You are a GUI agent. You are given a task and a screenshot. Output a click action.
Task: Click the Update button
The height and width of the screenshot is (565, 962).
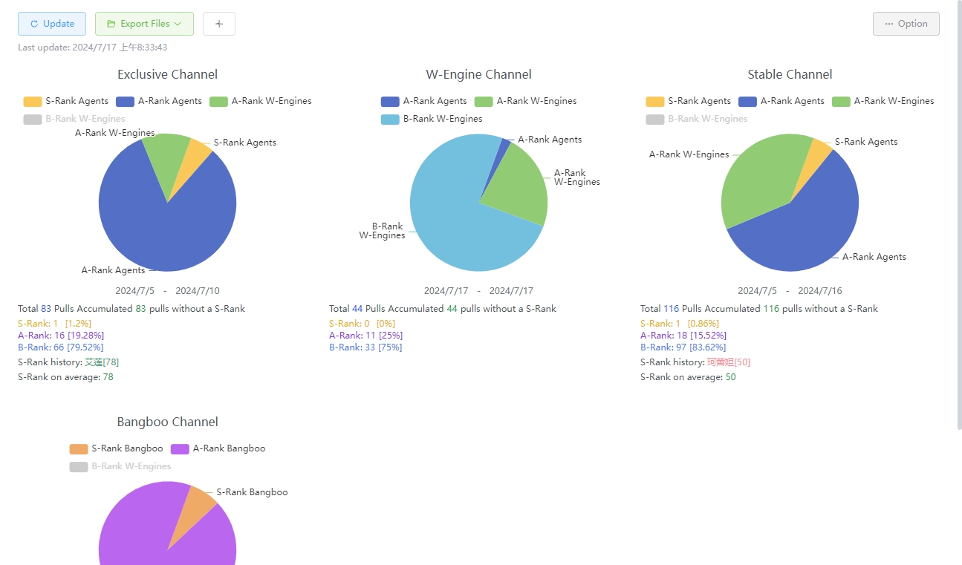52,24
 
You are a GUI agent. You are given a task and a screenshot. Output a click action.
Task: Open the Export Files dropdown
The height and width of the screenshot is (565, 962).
144,24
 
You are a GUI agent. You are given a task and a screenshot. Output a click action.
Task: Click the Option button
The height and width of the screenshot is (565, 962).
906,24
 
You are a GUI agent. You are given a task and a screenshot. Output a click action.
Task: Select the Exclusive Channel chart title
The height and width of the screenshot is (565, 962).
167,74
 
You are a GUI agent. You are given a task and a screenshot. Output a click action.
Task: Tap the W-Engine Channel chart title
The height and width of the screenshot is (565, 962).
478,74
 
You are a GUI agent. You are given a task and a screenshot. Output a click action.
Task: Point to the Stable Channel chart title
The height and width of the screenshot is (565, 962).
790,74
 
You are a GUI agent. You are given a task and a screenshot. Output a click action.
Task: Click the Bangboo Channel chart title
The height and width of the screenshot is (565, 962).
167,422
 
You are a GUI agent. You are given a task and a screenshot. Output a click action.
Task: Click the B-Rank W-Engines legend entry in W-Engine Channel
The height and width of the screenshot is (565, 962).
432,119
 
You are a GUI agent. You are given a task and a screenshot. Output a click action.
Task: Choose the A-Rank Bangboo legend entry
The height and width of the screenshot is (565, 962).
218,448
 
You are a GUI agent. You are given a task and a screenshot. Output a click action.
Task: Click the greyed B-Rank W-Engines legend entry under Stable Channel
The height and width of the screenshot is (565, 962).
696,119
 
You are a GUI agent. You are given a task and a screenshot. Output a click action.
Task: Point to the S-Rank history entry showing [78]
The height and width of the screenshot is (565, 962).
102,362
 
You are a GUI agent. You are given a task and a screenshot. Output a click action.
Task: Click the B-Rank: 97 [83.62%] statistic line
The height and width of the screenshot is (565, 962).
683,347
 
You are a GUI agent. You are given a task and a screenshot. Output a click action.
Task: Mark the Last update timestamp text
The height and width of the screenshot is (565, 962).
93,48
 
